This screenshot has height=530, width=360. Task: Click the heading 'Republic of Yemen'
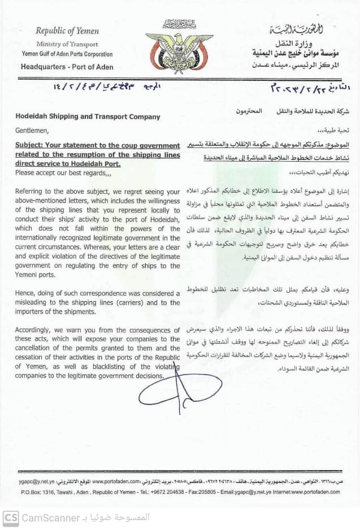67,32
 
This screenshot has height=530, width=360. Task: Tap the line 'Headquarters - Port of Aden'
67,67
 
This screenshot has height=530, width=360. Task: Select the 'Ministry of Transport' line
67,44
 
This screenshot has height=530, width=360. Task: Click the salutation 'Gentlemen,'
33,129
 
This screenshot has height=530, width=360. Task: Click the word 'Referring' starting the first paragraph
30,192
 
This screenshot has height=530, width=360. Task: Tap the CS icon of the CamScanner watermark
10,518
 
